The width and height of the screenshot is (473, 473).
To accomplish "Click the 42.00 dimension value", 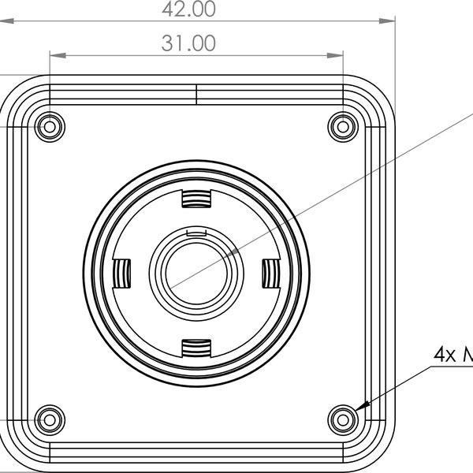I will point(188,9).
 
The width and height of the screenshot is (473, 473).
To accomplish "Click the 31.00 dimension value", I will point(188,43).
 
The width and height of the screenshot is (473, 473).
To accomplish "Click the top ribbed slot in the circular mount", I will point(196,199).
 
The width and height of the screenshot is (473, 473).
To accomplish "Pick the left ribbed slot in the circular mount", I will point(121,273).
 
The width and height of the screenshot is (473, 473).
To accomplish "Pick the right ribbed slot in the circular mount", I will point(270,273).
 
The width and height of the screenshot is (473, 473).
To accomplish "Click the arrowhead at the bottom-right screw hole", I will point(361,407).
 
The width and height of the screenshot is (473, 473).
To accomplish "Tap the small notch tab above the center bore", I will point(196,232).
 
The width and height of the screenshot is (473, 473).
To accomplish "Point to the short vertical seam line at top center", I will point(196,94).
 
